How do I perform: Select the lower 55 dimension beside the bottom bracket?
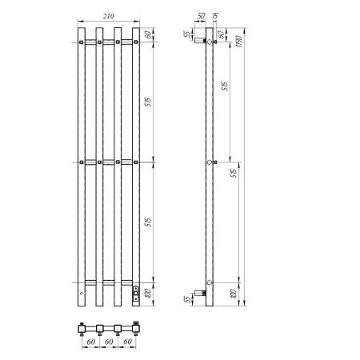coord(185,299)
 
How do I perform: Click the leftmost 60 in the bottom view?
coord(90,343)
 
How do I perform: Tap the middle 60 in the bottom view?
coord(109,343)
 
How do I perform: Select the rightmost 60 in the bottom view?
coord(127,343)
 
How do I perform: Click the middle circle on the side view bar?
coord(210,162)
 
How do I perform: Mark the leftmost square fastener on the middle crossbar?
coord(82,162)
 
